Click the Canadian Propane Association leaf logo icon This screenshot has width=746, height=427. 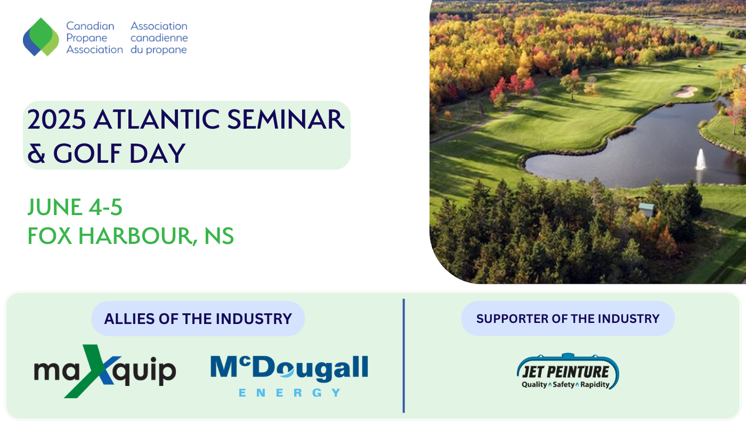(40, 37)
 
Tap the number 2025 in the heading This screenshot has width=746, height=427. (56, 120)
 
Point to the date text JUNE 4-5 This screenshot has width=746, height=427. (75, 207)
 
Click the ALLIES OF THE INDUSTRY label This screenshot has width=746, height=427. (198, 319)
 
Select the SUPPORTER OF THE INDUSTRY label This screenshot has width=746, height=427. (568, 319)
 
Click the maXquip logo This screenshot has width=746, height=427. (105, 371)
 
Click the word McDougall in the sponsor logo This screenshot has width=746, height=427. (289, 368)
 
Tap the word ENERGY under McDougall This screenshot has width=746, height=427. (289, 393)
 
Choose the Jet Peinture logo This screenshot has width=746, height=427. (568, 371)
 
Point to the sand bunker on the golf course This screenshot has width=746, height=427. (685, 91)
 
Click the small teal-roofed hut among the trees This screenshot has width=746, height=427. (646, 209)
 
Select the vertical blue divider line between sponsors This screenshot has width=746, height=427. (404, 355)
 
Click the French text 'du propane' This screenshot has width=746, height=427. (159, 50)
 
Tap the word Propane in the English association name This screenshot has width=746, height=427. (86, 38)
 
